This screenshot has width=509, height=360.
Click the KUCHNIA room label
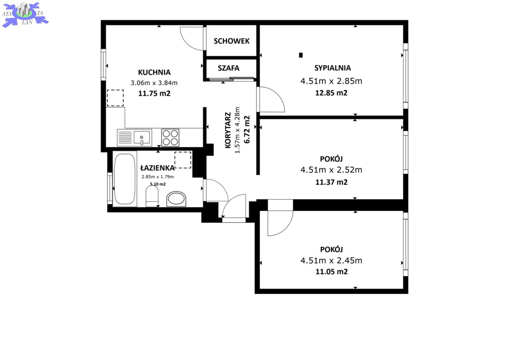click(x=154, y=73)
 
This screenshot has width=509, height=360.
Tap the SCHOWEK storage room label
click(x=232, y=41)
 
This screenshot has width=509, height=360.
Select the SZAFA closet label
click(x=229, y=68)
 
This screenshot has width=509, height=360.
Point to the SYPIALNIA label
click(x=333, y=68)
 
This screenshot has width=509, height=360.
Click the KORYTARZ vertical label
click(x=228, y=130)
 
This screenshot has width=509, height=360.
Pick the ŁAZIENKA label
click(x=158, y=168)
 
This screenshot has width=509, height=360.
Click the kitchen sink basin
click(x=143, y=138)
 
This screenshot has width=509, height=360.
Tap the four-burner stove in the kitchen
click(x=170, y=138)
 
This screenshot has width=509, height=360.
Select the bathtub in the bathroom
click(x=125, y=179)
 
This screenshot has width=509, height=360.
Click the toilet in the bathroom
click(x=152, y=198)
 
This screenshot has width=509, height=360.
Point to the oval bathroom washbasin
click(x=176, y=199)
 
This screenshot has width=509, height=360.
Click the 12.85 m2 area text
click(x=332, y=93)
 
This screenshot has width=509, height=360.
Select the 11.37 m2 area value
click(x=332, y=182)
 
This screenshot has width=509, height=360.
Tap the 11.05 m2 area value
click(x=332, y=271)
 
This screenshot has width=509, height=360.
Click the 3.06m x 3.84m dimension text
click(x=154, y=83)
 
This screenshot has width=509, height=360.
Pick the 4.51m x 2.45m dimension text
click(x=332, y=261)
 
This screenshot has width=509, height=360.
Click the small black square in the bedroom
click(x=301, y=55)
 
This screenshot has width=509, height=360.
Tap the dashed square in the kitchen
click(x=115, y=98)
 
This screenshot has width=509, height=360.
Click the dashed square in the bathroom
click(x=183, y=160)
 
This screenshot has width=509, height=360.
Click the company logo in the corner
click(x=25, y=14)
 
